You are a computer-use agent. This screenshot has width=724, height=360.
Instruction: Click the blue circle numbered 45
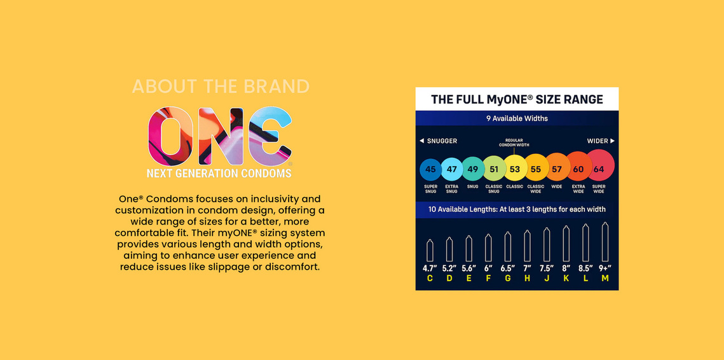pyautogui.click(x=430, y=169)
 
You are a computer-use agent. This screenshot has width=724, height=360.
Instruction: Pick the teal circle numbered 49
pyautogui.click(x=473, y=169)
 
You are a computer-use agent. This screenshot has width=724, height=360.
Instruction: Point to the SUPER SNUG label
pyautogui.click(x=430, y=189)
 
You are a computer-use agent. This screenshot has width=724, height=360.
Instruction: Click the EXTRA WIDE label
pyautogui.click(x=578, y=189)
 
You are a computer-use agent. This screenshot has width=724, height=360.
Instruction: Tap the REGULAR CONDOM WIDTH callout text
pyautogui.click(x=514, y=142)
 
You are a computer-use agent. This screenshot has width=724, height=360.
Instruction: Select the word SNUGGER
pyautogui.click(x=442, y=141)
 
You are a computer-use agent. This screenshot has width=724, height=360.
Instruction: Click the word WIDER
pyautogui.click(x=598, y=141)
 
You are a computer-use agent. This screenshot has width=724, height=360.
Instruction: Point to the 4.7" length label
pyautogui.click(x=430, y=268)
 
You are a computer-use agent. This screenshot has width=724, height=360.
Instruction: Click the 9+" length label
pyautogui.click(x=605, y=268)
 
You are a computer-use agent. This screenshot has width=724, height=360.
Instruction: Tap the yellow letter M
pyautogui.click(x=605, y=278)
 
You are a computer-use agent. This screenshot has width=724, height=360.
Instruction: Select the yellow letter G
pyautogui.click(x=507, y=278)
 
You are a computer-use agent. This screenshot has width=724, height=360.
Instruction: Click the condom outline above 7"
pyautogui.click(x=528, y=246)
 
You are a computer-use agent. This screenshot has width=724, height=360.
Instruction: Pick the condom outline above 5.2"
pyautogui.click(x=449, y=249)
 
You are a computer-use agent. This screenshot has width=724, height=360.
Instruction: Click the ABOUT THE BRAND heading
pyautogui.click(x=221, y=87)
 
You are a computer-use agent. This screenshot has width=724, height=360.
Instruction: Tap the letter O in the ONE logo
pyautogui.click(x=170, y=136)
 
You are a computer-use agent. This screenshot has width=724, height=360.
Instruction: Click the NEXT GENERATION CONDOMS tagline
pyautogui.click(x=219, y=173)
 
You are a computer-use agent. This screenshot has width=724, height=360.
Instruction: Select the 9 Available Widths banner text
pyautogui.click(x=517, y=118)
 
